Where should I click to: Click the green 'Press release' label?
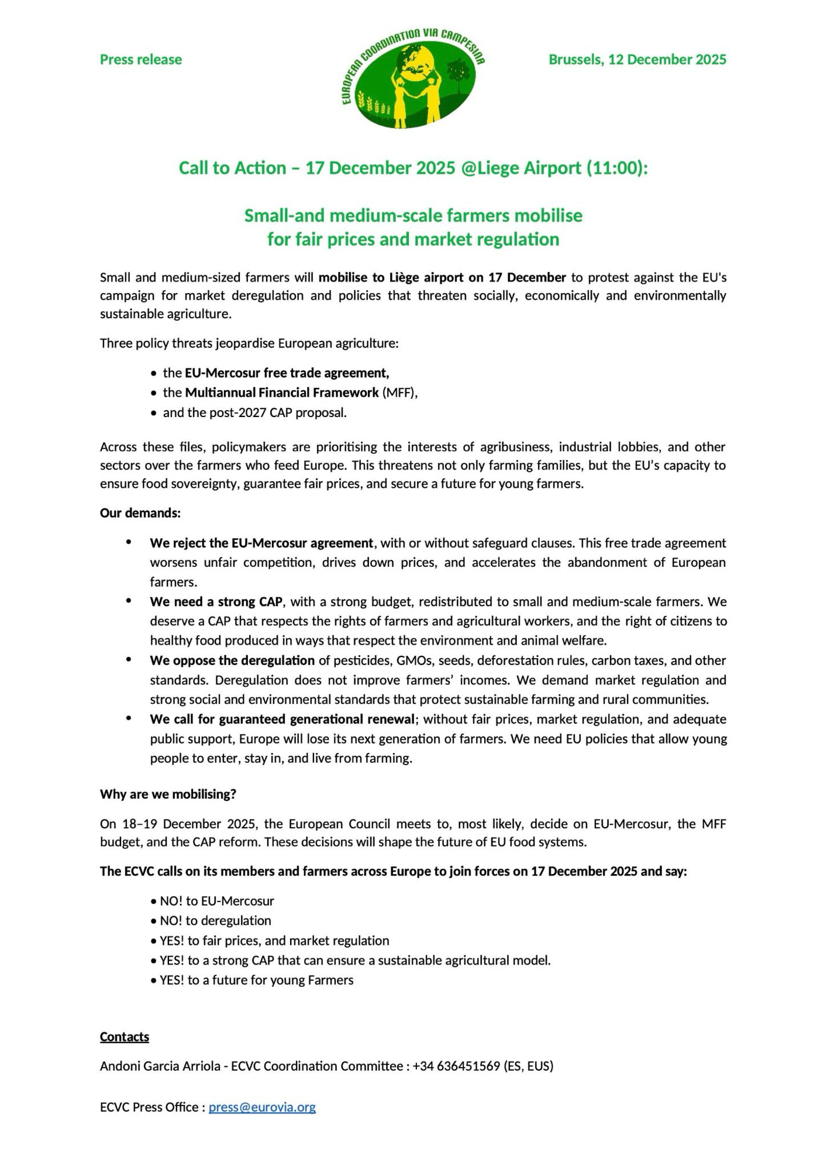(x=141, y=60)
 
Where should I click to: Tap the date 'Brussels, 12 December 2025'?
(x=637, y=60)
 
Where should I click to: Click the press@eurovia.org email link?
(x=262, y=1107)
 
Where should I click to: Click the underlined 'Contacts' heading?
(x=125, y=1037)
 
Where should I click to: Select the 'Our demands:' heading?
(x=140, y=513)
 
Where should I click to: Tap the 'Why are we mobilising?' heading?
(x=168, y=794)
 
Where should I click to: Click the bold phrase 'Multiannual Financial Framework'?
(x=282, y=393)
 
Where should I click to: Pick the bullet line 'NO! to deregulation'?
(x=215, y=920)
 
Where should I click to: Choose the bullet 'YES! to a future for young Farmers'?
(x=256, y=980)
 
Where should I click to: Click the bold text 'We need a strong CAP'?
(x=216, y=601)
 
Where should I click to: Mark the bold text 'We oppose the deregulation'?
(x=232, y=660)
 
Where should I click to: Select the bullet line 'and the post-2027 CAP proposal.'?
(x=254, y=412)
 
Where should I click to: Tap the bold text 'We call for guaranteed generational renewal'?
(x=282, y=719)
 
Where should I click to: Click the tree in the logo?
(x=457, y=75)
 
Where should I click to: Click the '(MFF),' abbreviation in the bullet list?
(x=400, y=393)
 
